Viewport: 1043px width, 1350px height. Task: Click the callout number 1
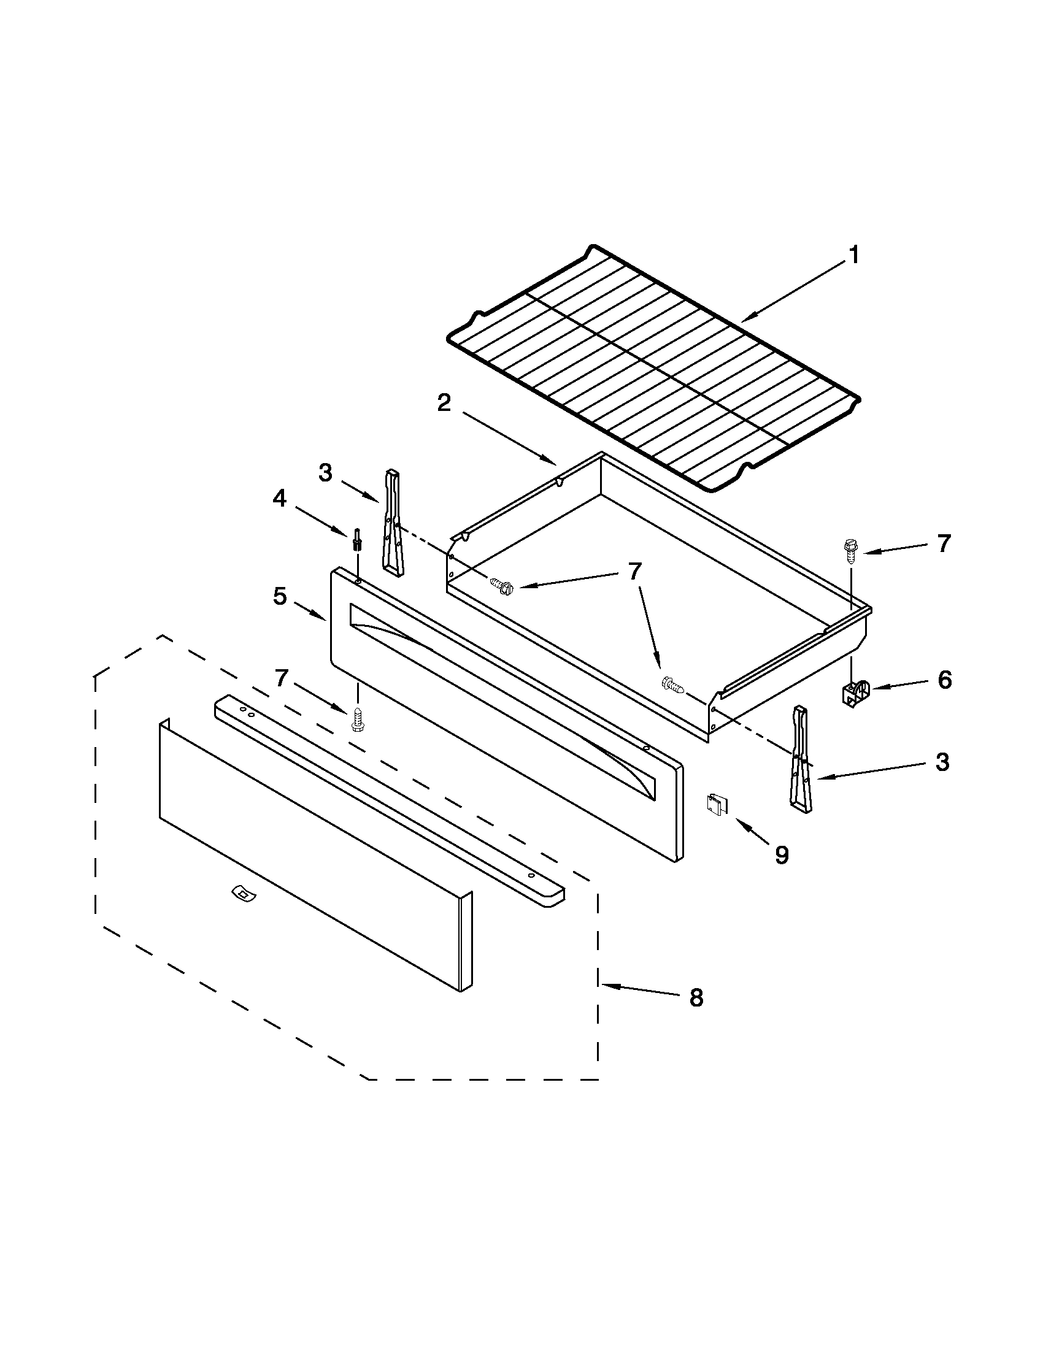[x=853, y=255]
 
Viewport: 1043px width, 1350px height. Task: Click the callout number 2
[x=444, y=403]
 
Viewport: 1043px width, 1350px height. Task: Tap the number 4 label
[x=280, y=498]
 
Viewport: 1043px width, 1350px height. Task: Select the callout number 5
[x=280, y=597]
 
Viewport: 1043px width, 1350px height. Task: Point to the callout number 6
[x=944, y=680]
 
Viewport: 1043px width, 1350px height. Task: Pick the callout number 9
[x=782, y=856]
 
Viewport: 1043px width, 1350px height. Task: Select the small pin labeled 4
[x=356, y=539]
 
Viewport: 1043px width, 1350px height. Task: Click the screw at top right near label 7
[x=851, y=550]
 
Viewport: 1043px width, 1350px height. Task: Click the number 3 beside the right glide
[x=942, y=762]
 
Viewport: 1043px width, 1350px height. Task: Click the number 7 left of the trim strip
[x=282, y=679]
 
